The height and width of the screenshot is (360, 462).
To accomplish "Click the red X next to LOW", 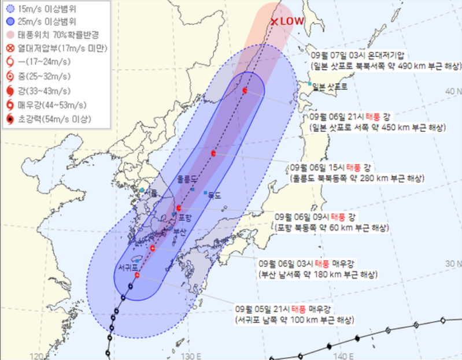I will pyautogui.click(x=275, y=21).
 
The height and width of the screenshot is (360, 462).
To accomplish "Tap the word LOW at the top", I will pyautogui.click(x=292, y=21).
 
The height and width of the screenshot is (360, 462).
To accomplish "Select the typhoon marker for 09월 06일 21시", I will pyautogui.click(x=245, y=90).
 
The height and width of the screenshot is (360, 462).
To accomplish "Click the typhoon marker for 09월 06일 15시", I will pyautogui.click(x=214, y=153).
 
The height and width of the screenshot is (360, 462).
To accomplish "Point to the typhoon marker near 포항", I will pyautogui.click(x=179, y=207).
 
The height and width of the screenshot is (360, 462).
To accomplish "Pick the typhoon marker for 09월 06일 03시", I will pyautogui.click(x=153, y=248).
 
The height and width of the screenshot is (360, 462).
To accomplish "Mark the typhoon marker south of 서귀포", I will pyautogui.click(x=137, y=275).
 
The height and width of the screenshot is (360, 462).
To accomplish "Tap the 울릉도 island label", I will pyautogui.click(x=189, y=180).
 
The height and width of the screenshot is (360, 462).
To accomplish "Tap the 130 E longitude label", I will pyautogui.click(x=190, y=355).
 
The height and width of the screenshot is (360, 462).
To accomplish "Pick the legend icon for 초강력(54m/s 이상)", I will pyautogui.click(x=10, y=120).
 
